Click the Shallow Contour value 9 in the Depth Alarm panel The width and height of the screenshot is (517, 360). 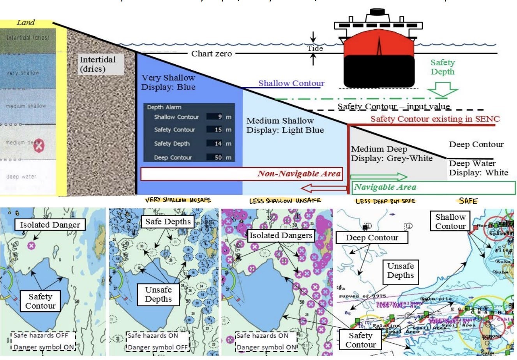click(220, 117)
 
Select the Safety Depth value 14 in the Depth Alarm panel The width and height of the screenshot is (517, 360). click(218, 143)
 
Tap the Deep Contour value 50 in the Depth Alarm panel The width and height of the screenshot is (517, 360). click(218, 157)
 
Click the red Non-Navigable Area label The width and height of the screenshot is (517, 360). click(299, 174)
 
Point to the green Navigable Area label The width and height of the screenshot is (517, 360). click(385, 187)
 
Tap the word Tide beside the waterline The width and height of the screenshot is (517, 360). click(315, 48)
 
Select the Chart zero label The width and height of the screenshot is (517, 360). click(211, 53)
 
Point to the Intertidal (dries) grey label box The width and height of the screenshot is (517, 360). click(98, 64)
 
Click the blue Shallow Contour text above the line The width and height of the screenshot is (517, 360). click(291, 83)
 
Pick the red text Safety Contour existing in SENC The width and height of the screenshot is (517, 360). click(435, 119)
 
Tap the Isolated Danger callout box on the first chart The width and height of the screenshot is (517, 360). click(50, 225)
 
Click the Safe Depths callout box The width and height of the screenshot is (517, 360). click(168, 222)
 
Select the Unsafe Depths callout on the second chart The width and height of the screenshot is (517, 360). click(158, 294)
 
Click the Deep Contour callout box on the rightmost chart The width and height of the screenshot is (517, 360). click(372, 238)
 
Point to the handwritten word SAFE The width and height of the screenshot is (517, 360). click(468, 201)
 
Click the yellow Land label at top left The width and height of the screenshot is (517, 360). click(26, 23)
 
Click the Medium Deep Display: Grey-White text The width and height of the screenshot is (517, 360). click(391, 154)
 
